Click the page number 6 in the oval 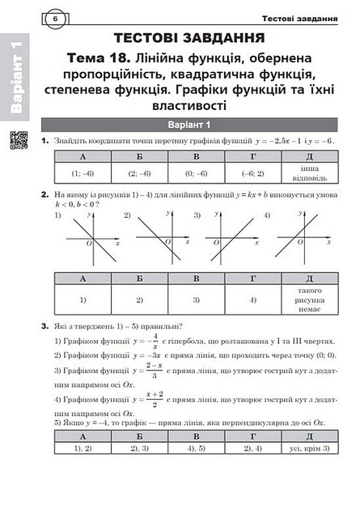click(54, 19)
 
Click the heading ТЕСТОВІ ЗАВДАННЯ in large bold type click(190, 38)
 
